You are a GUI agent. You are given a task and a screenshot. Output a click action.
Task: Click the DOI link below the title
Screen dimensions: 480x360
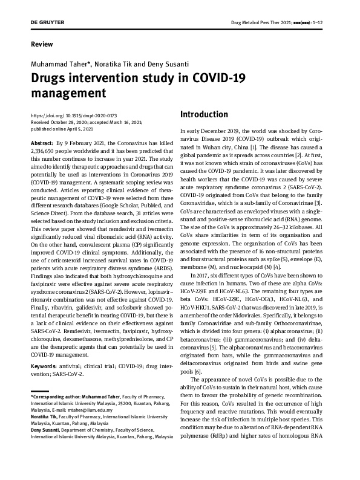[73, 115]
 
